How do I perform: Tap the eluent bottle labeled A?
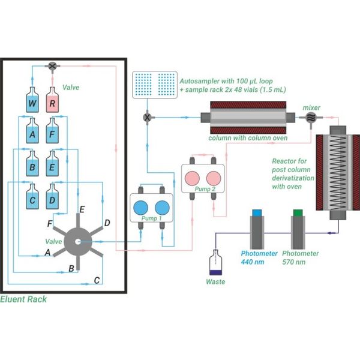(32, 131)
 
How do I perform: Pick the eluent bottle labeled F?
(52, 131)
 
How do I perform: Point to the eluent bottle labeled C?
(32, 197)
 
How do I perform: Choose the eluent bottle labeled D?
(52, 197)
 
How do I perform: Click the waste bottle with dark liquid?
(215, 262)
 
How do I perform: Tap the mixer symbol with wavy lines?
(311, 118)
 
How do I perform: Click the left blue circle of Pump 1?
(141, 208)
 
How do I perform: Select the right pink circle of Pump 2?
(214, 178)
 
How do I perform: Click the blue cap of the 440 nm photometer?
(257, 213)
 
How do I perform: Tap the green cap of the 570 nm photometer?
(298, 213)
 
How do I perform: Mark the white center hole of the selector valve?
(78, 242)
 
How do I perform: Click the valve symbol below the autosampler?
(147, 118)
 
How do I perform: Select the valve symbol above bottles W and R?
(53, 66)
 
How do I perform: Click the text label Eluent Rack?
(23, 299)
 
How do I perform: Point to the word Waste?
(215, 282)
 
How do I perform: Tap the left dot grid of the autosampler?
(143, 84)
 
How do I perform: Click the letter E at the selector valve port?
(82, 209)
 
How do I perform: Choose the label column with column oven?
(248, 138)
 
